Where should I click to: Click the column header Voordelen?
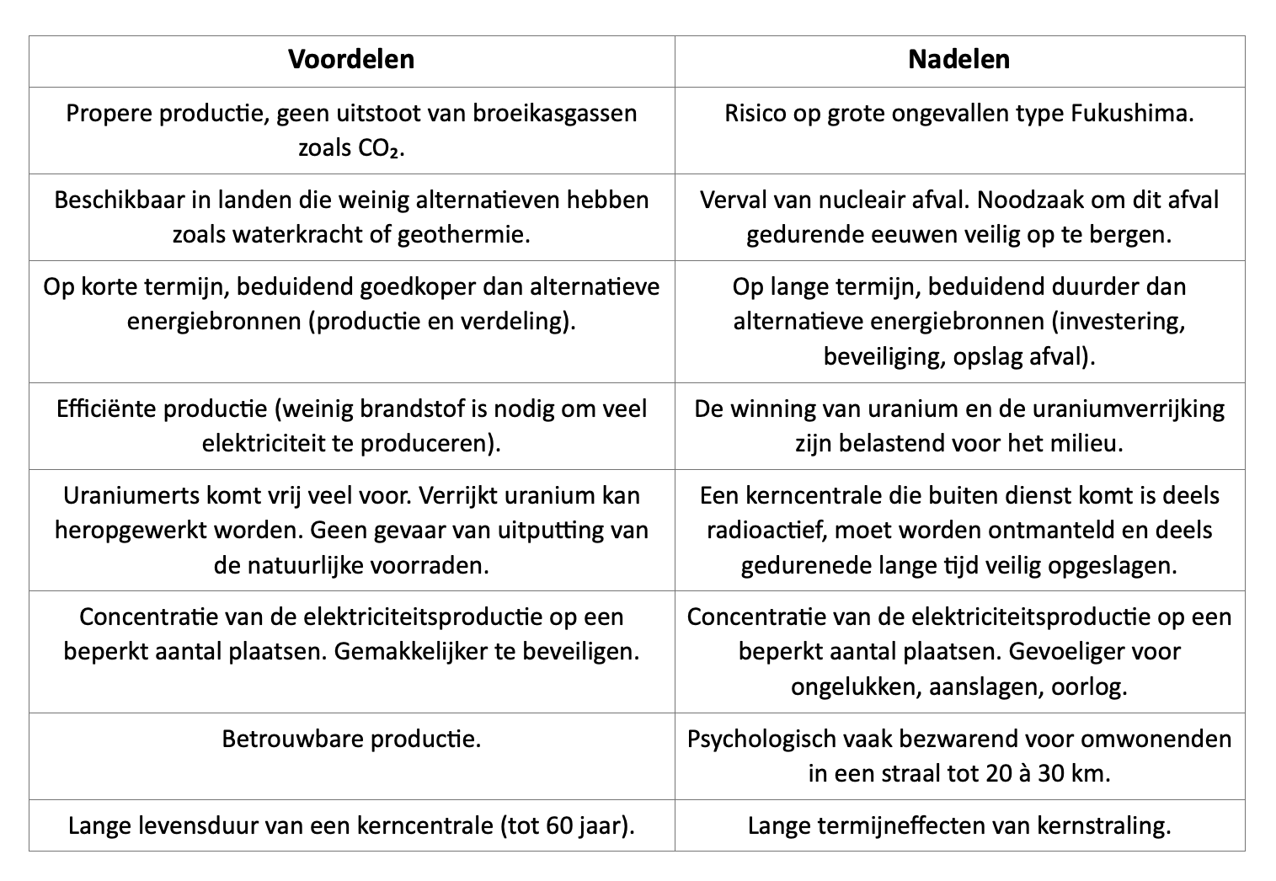[x=351, y=59]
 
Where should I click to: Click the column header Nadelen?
[x=958, y=59]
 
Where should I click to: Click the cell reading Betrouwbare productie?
[x=351, y=739]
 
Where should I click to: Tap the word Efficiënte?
[x=105, y=408]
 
